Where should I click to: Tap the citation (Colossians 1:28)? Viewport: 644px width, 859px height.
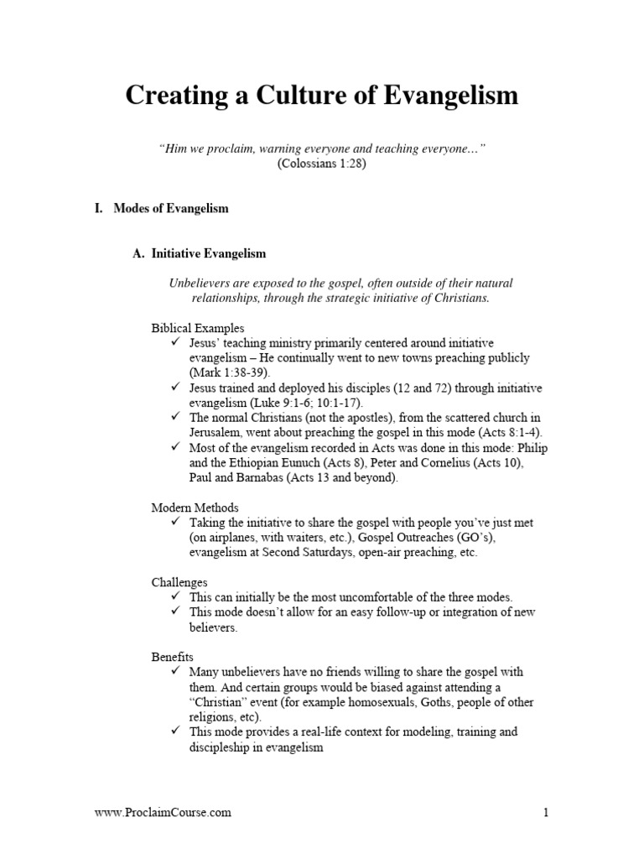322,164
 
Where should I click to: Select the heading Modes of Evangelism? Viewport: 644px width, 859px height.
171,209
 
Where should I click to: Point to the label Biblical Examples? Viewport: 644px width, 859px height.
198,328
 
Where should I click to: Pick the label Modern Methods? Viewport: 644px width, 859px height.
195,508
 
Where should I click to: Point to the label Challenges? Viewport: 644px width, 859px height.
179,582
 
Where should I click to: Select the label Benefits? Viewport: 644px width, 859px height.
172,657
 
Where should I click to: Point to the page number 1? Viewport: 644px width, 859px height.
545,812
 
